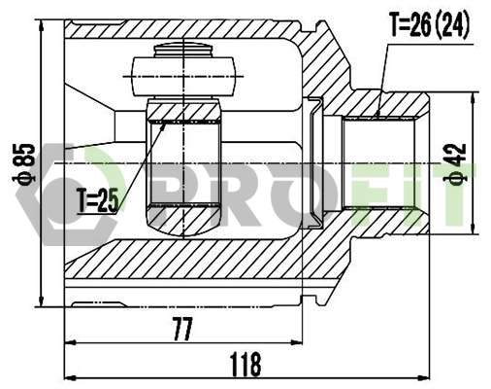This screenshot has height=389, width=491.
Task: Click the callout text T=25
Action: [97, 200]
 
